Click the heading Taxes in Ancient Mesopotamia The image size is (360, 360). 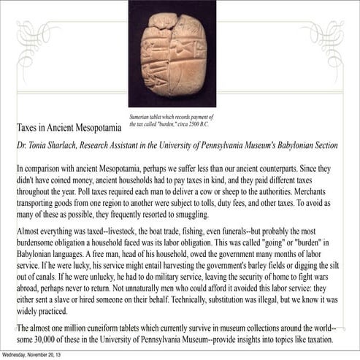point(69,127)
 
